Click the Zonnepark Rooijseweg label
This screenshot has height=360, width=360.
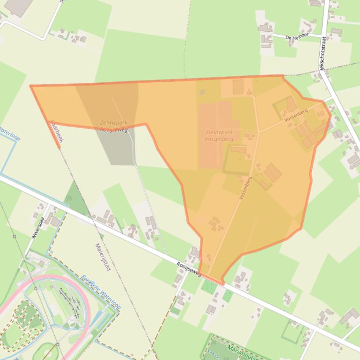coord(114,126)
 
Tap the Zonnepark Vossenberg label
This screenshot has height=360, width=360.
coord(219,136)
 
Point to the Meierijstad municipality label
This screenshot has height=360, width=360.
coord(103,257)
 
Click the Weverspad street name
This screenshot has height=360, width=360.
coord(38,228)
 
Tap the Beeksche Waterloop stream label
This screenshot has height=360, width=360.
coord(101,292)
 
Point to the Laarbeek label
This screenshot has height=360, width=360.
coord(57,130)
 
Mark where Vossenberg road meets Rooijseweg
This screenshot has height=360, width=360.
coord(208,276)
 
